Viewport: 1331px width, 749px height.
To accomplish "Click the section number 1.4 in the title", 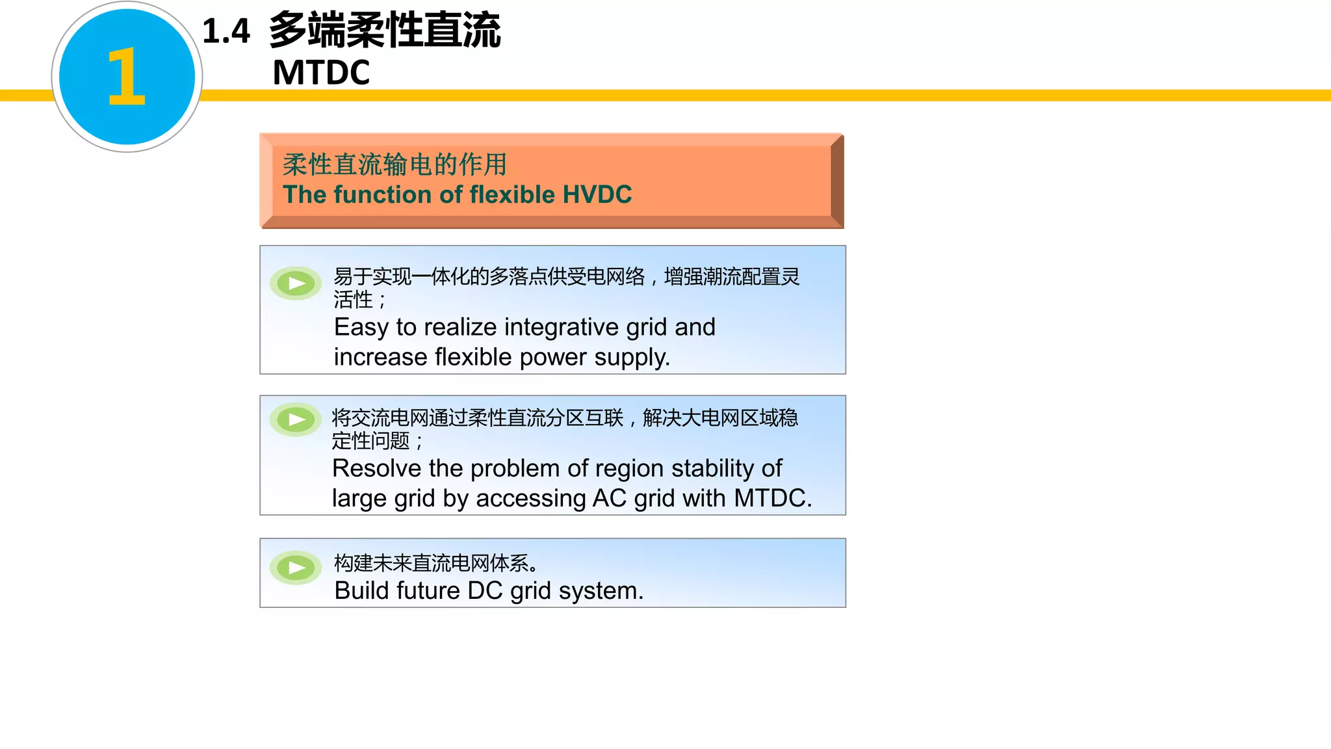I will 226,31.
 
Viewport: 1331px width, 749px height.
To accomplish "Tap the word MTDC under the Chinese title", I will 321,72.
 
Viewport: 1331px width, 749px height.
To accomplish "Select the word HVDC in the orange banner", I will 597,194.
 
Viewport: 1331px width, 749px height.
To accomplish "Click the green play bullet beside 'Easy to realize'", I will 296,283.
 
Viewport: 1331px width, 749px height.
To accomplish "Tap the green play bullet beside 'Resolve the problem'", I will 296,420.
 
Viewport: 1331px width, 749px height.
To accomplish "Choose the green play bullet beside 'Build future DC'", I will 296,568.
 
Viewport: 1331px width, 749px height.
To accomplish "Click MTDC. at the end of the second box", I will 773,498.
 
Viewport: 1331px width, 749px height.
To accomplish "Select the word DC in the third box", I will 485,590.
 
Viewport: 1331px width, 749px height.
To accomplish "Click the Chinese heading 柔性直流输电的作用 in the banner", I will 394,164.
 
